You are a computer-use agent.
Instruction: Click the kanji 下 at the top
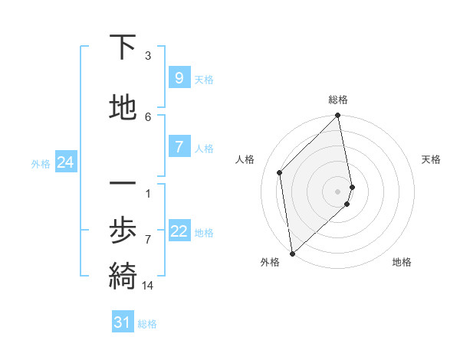pyautogui.click(x=123, y=48)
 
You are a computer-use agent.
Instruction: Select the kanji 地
pyautogui.click(x=123, y=107)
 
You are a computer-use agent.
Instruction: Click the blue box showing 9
pyautogui.click(x=179, y=78)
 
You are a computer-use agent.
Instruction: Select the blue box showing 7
pyautogui.click(x=179, y=147)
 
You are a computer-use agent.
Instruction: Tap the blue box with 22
pyautogui.click(x=179, y=231)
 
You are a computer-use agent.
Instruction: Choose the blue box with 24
pyautogui.click(x=66, y=162)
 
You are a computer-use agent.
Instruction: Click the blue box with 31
pyautogui.click(x=123, y=322)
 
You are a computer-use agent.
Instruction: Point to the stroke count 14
pyautogui.click(x=148, y=286)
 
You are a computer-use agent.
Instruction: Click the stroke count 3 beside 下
pyautogui.click(x=148, y=56)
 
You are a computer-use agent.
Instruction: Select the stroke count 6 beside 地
pyautogui.click(x=148, y=116)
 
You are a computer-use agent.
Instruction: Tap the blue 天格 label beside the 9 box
pyautogui.click(x=204, y=79)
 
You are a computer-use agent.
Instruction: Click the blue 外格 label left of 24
pyautogui.click(x=41, y=163)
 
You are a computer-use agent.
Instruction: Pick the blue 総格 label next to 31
pyautogui.click(x=147, y=324)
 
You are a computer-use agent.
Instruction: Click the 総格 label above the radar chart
pyautogui.click(x=338, y=100)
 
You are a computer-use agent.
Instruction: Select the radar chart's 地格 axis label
pyautogui.click(x=402, y=262)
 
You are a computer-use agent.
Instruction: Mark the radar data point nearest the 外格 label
pyautogui.click(x=292, y=253)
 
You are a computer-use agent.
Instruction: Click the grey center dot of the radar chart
pyautogui.click(x=338, y=191)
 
